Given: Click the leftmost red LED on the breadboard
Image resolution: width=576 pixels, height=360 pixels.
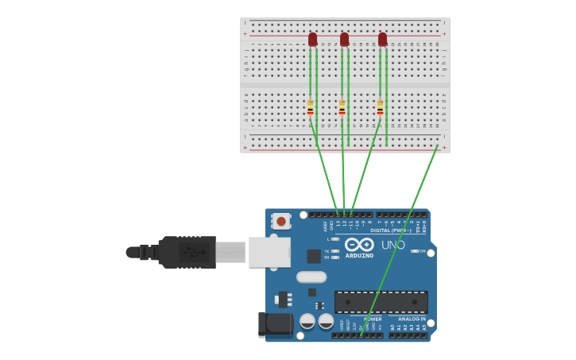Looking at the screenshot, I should point(312,39).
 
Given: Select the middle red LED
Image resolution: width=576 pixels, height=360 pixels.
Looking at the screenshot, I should point(344,39).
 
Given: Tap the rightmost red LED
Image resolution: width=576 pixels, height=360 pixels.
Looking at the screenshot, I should point(382,39).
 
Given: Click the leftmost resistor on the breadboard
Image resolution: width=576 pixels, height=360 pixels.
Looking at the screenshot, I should point(311,107).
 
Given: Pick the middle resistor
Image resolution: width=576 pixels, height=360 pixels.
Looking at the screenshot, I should point(342,107).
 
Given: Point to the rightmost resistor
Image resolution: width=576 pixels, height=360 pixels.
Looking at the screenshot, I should point(380,107).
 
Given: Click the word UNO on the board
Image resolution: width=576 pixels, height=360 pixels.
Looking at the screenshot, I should point(393,245).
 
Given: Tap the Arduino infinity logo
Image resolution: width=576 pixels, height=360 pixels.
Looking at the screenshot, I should point(359,244).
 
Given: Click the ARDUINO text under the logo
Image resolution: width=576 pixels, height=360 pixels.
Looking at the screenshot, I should point(359,256).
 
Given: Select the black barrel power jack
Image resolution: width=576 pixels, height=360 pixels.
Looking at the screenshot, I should point(275,323).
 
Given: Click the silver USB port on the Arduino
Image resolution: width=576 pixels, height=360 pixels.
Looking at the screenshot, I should point(269,252).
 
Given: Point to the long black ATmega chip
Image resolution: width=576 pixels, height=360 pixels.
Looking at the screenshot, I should point(381,302).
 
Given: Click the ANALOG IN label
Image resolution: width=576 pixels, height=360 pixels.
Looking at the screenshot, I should point(412,319).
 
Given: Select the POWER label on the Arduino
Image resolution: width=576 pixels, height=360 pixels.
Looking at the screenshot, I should point(373,319).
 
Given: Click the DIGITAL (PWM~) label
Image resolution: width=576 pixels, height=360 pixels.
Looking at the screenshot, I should point(390,230).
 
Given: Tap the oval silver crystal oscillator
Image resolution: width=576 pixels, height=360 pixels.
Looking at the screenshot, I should point(311,277).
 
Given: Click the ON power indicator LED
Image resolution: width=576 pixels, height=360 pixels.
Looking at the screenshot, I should point(416,251).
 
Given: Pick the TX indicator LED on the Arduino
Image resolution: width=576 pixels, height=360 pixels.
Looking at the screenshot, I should point(335,251).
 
